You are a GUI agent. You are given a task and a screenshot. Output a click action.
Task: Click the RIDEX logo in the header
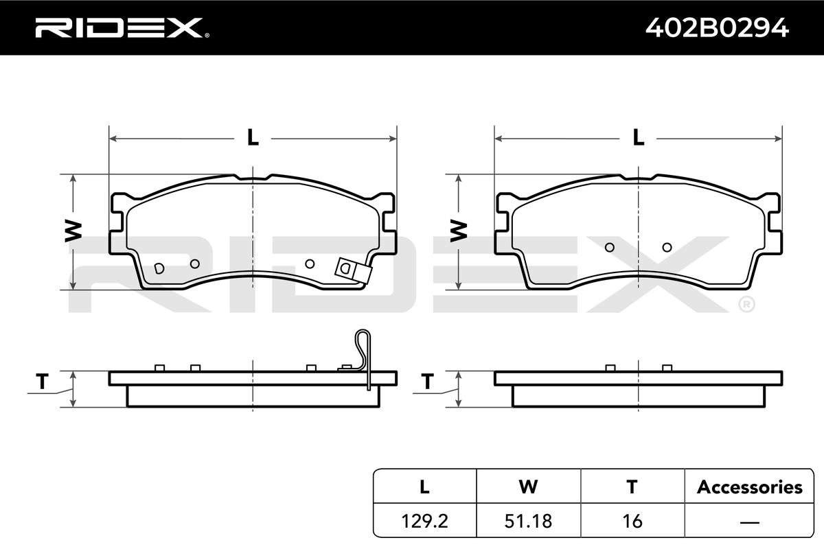click(122, 28)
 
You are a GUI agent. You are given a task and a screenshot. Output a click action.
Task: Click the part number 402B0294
click(717, 28)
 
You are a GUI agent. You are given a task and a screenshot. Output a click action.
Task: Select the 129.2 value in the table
click(424, 521)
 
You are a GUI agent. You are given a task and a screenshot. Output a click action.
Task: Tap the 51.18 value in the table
click(528, 521)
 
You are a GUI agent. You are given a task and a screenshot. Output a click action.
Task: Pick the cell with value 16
click(632, 521)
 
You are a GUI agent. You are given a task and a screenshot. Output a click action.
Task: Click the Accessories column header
click(749, 487)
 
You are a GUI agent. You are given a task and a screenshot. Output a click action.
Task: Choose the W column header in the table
click(528, 487)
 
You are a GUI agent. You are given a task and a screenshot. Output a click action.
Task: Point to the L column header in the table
click(424, 487)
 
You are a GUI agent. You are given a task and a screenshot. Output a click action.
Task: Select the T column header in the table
click(632, 487)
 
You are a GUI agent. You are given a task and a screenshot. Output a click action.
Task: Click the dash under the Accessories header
click(749, 522)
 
